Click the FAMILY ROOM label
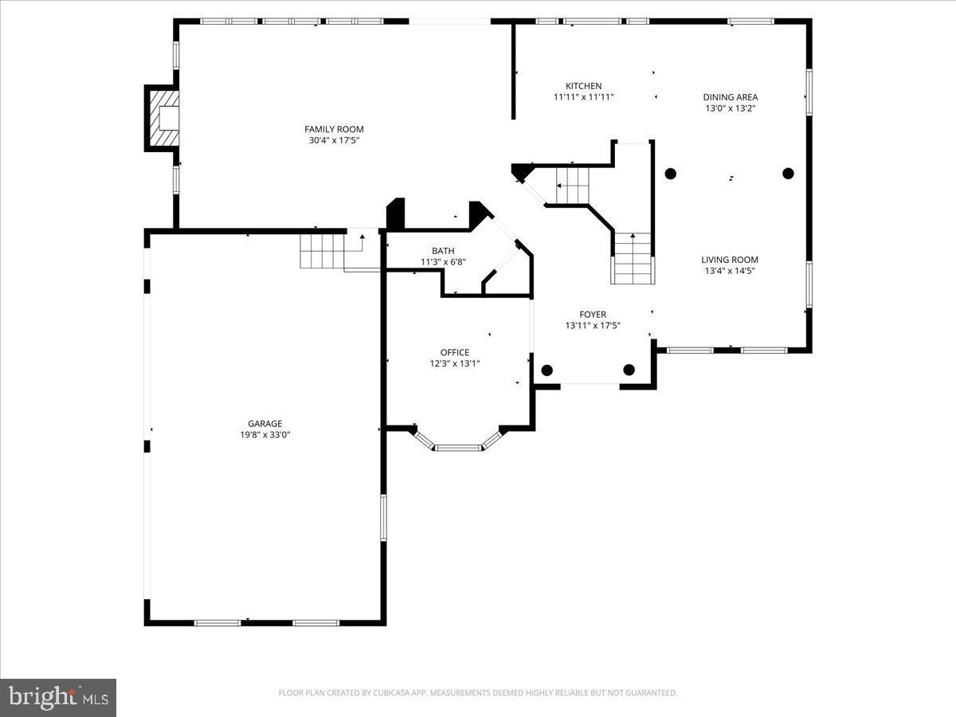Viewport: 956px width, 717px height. click(334, 129)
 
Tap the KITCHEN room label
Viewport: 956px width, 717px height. click(583, 86)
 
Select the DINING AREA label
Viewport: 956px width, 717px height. click(730, 97)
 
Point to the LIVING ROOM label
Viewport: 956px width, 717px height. click(729, 260)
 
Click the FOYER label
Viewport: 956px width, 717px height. click(592, 315)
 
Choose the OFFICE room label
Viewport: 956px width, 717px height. click(454, 352)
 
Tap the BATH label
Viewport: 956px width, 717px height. click(443, 251)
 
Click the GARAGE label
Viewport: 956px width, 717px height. click(264, 424)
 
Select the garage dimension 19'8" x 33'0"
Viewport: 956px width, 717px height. click(264, 435)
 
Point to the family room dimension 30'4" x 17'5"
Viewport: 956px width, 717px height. click(334, 140)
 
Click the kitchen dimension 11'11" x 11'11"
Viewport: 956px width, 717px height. click(583, 97)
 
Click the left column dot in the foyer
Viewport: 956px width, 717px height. click(547, 370)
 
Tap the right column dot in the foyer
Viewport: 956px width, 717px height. click(629, 370)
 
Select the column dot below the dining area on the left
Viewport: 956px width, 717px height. click(670, 174)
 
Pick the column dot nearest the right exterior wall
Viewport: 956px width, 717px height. click(788, 173)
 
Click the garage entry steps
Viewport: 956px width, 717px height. click(323, 250)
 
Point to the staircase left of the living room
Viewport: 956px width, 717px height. click(633, 259)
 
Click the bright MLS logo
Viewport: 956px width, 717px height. click(58, 698)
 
